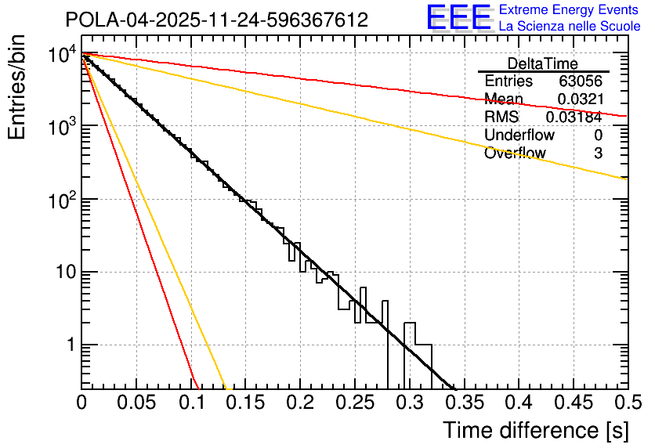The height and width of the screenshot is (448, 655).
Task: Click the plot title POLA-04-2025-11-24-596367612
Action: [x=216, y=20]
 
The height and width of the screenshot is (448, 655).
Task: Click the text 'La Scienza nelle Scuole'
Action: [x=570, y=27]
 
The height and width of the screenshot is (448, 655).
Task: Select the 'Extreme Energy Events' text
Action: [x=570, y=10]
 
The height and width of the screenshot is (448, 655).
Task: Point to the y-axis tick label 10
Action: [x=61, y=273]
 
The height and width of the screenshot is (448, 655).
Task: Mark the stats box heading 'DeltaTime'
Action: [x=542, y=63]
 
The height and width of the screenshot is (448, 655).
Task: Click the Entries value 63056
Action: [x=580, y=81]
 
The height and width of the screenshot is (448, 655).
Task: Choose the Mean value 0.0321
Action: [x=580, y=99]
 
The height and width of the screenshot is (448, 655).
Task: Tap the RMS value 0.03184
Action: [x=574, y=117]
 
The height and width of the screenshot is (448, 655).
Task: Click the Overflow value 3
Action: [x=598, y=154]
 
